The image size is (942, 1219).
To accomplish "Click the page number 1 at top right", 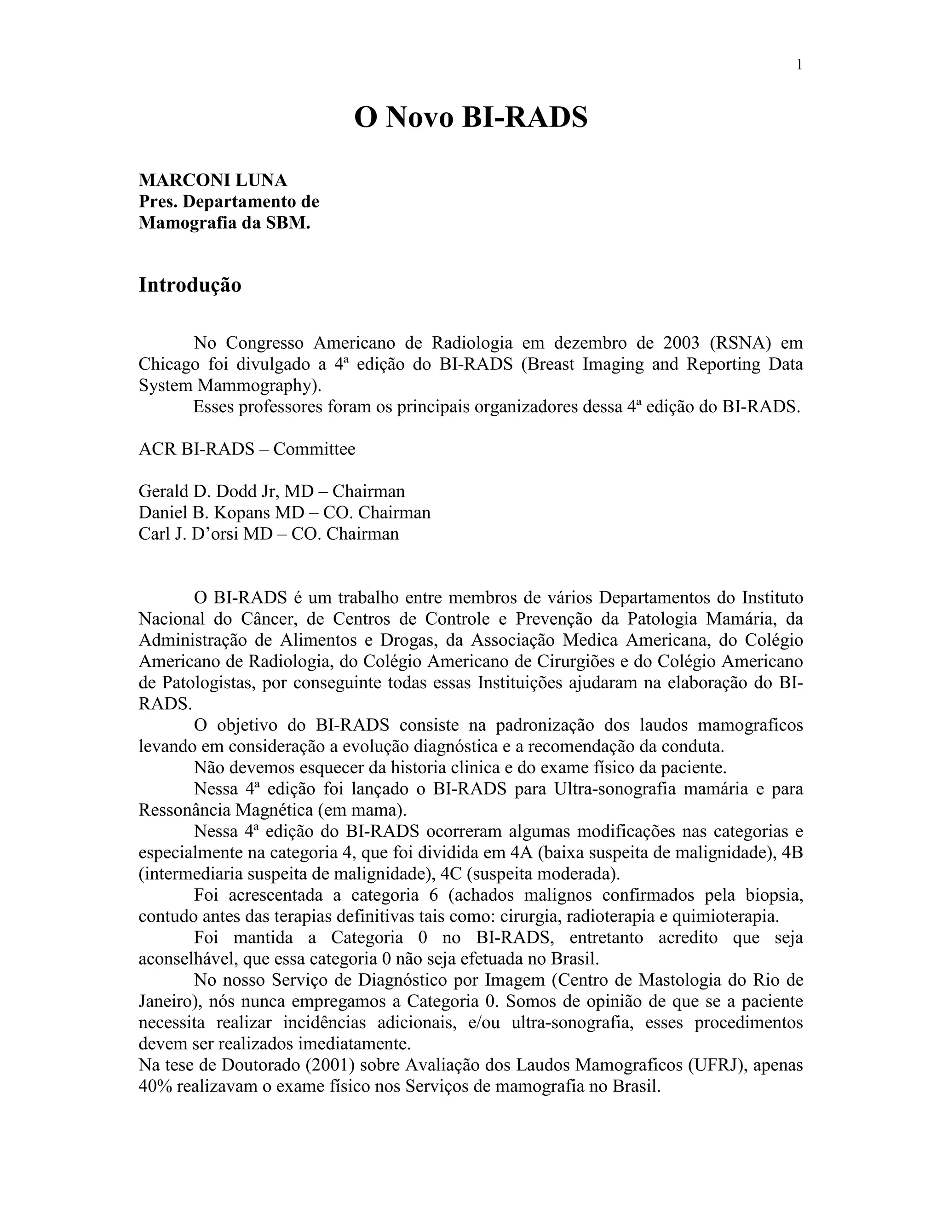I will [x=799, y=65].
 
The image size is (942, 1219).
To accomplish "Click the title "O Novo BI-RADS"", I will [x=471, y=118].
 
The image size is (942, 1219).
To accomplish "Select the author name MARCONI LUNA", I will [x=213, y=180].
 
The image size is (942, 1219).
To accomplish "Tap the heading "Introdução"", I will [x=190, y=285].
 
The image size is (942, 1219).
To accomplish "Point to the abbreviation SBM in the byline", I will [x=290, y=223].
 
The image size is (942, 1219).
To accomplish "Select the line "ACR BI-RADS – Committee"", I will [x=247, y=449].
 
